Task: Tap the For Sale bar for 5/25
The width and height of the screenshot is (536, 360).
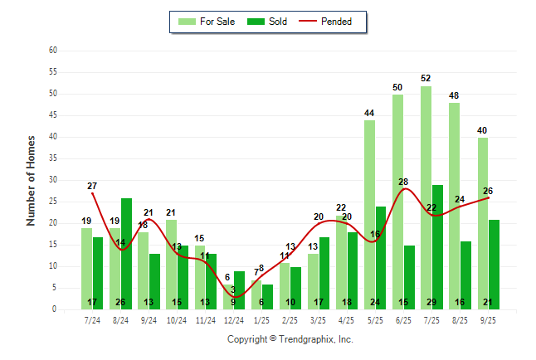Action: (369, 216)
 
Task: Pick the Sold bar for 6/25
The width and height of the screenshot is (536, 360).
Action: (409, 274)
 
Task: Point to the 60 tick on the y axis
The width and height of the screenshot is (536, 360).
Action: (52, 51)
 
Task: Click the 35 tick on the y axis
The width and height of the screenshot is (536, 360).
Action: (52, 158)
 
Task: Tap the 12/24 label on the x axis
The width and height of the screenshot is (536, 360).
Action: (233, 319)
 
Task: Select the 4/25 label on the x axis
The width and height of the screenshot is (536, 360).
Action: (347, 319)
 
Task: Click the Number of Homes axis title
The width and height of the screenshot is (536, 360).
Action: (31, 180)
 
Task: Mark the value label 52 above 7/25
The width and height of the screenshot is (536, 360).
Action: (426, 79)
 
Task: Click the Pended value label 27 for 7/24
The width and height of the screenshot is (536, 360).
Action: (92, 186)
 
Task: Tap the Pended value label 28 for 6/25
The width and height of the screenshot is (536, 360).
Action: (404, 182)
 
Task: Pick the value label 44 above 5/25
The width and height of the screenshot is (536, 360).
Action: (369, 113)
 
